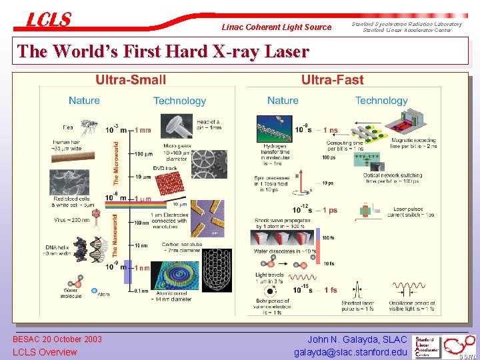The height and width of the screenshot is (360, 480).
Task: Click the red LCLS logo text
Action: (x=48, y=19)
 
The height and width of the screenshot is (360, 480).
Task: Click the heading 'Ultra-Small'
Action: (x=131, y=81)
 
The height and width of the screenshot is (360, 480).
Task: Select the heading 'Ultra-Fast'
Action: (x=332, y=81)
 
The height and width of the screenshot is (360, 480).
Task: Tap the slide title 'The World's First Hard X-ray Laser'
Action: (x=163, y=51)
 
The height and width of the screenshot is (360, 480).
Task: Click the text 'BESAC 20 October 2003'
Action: (x=57, y=339)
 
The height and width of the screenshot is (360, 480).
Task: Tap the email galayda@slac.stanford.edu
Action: (x=350, y=352)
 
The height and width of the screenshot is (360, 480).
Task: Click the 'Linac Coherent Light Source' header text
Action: (x=277, y=27)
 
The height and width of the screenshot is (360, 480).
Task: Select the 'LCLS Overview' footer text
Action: (x=45, y=352)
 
